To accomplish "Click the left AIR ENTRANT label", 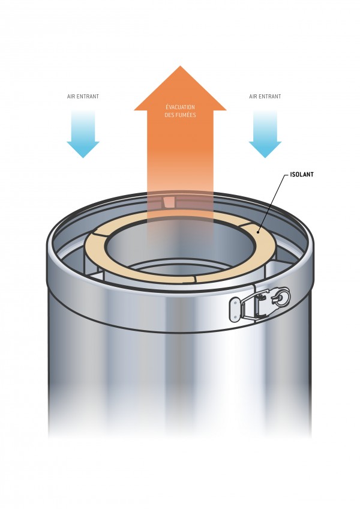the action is click(83, 97).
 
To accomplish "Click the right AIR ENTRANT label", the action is click(265, 97).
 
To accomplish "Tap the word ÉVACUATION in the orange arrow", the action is click(180, 107).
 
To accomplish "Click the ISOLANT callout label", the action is click(302, 174).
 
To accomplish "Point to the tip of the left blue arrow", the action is click(83, 158).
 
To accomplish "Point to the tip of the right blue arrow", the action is click(265, 158).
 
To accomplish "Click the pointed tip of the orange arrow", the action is click(180, 66).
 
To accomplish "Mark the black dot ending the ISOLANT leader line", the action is click(258, 232).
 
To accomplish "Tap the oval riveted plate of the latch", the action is click(235, 310).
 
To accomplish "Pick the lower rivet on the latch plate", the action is click(235, 316).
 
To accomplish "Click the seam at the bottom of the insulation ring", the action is click(196, 280).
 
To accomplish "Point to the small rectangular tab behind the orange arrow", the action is click(169, 201).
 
